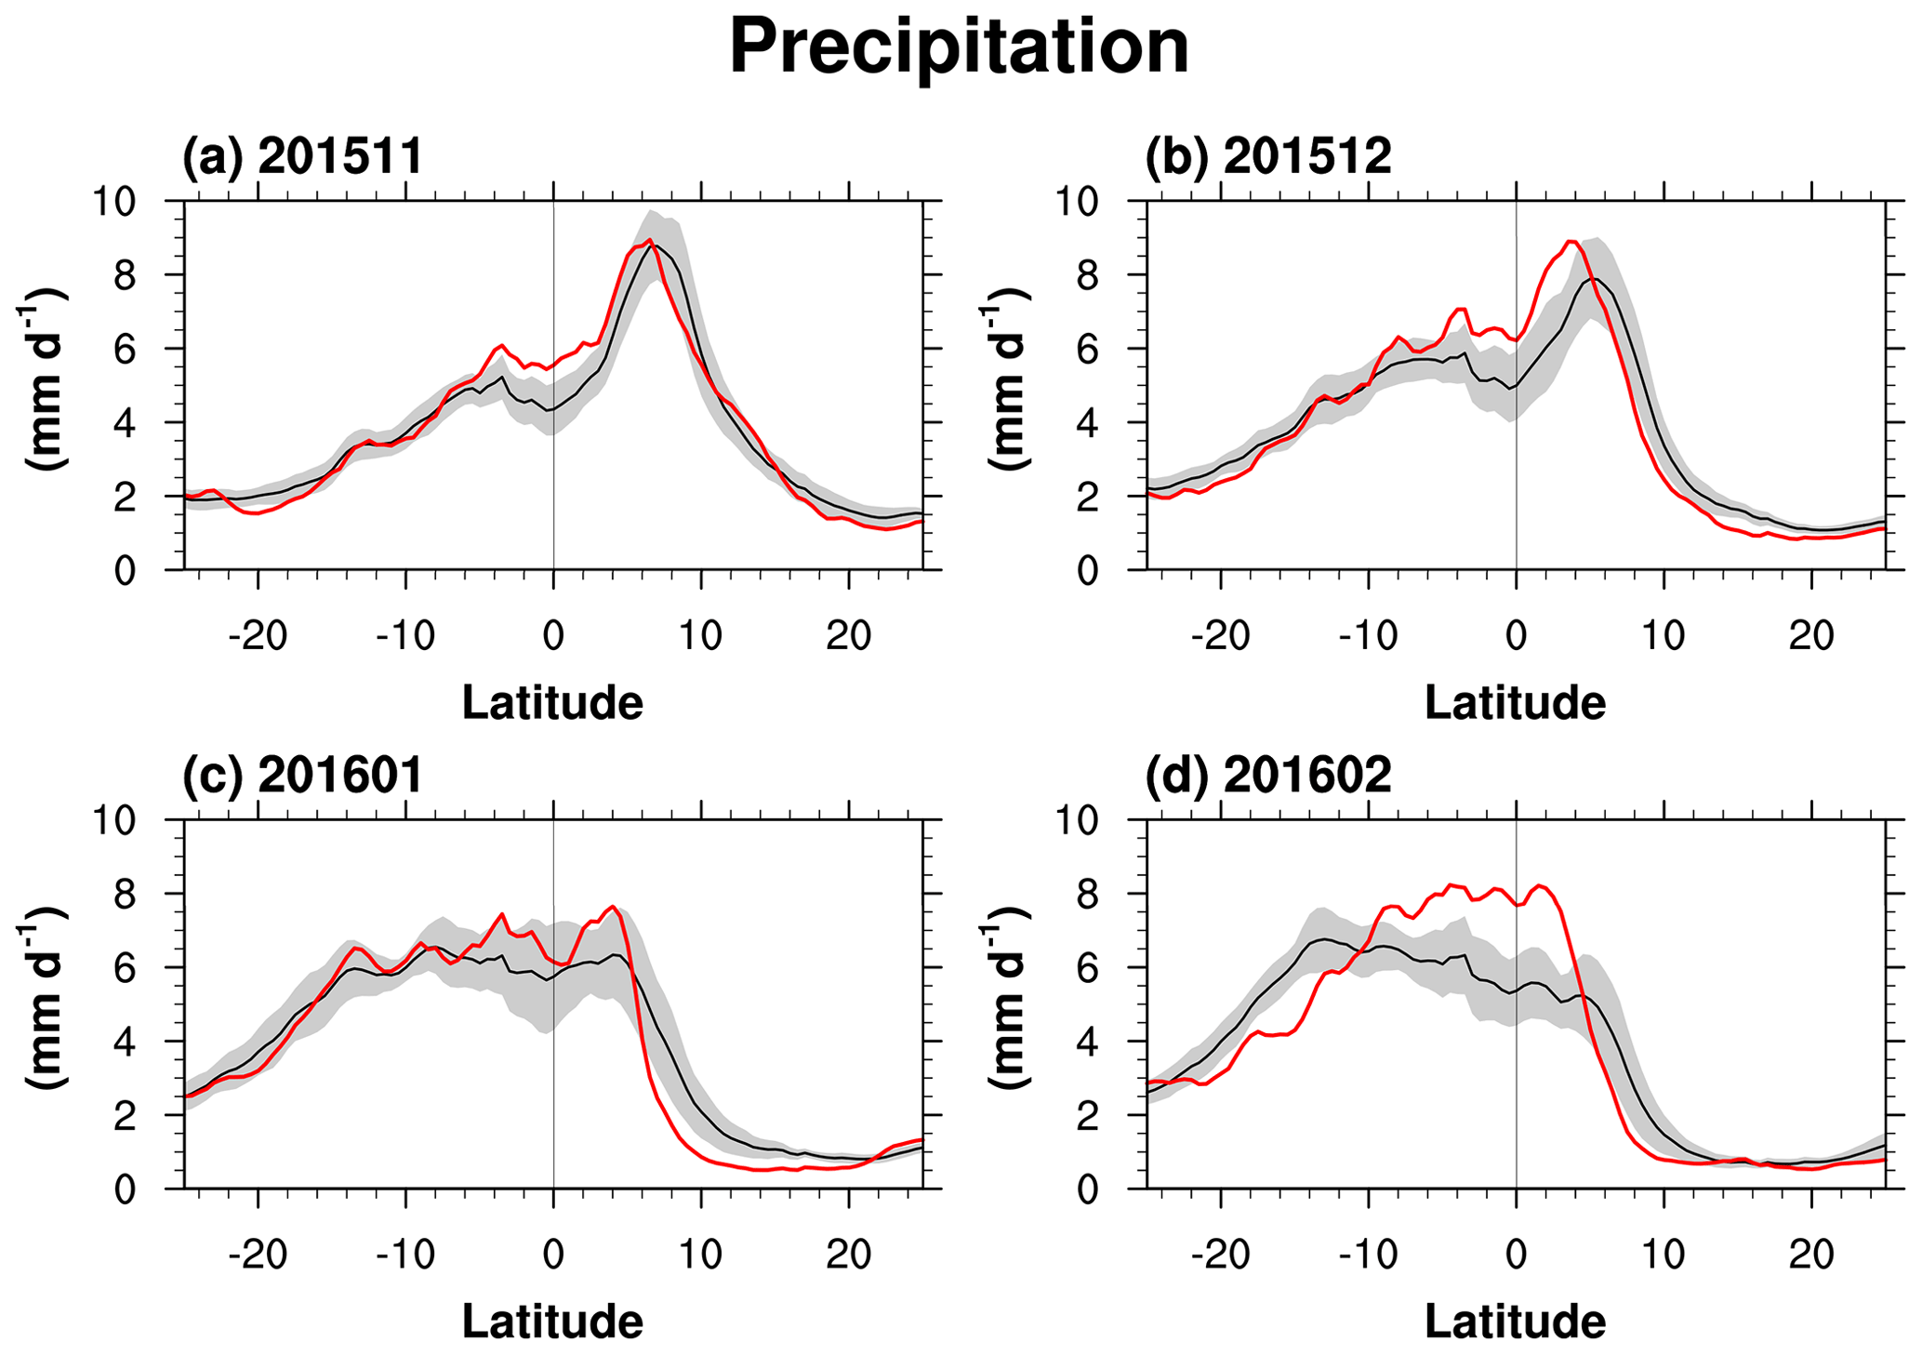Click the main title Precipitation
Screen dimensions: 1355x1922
(959, 48)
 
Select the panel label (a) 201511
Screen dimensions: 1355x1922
(302, 155)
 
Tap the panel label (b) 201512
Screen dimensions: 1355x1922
(1267, 155)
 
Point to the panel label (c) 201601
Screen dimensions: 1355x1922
(302, 774)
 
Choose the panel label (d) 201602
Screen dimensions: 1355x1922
(1267, 774)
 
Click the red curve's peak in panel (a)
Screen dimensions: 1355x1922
(650, 240)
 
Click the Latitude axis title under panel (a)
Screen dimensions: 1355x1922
(552, 702)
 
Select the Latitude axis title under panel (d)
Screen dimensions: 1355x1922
(1515, 1321)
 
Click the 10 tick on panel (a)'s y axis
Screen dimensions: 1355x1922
(112, 202)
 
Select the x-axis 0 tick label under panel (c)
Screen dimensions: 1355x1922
(553, 1255)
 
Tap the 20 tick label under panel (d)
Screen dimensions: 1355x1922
(1811, 1255)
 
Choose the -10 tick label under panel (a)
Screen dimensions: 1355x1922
(405, 637)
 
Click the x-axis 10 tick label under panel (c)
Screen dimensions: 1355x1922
(700, 1255)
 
